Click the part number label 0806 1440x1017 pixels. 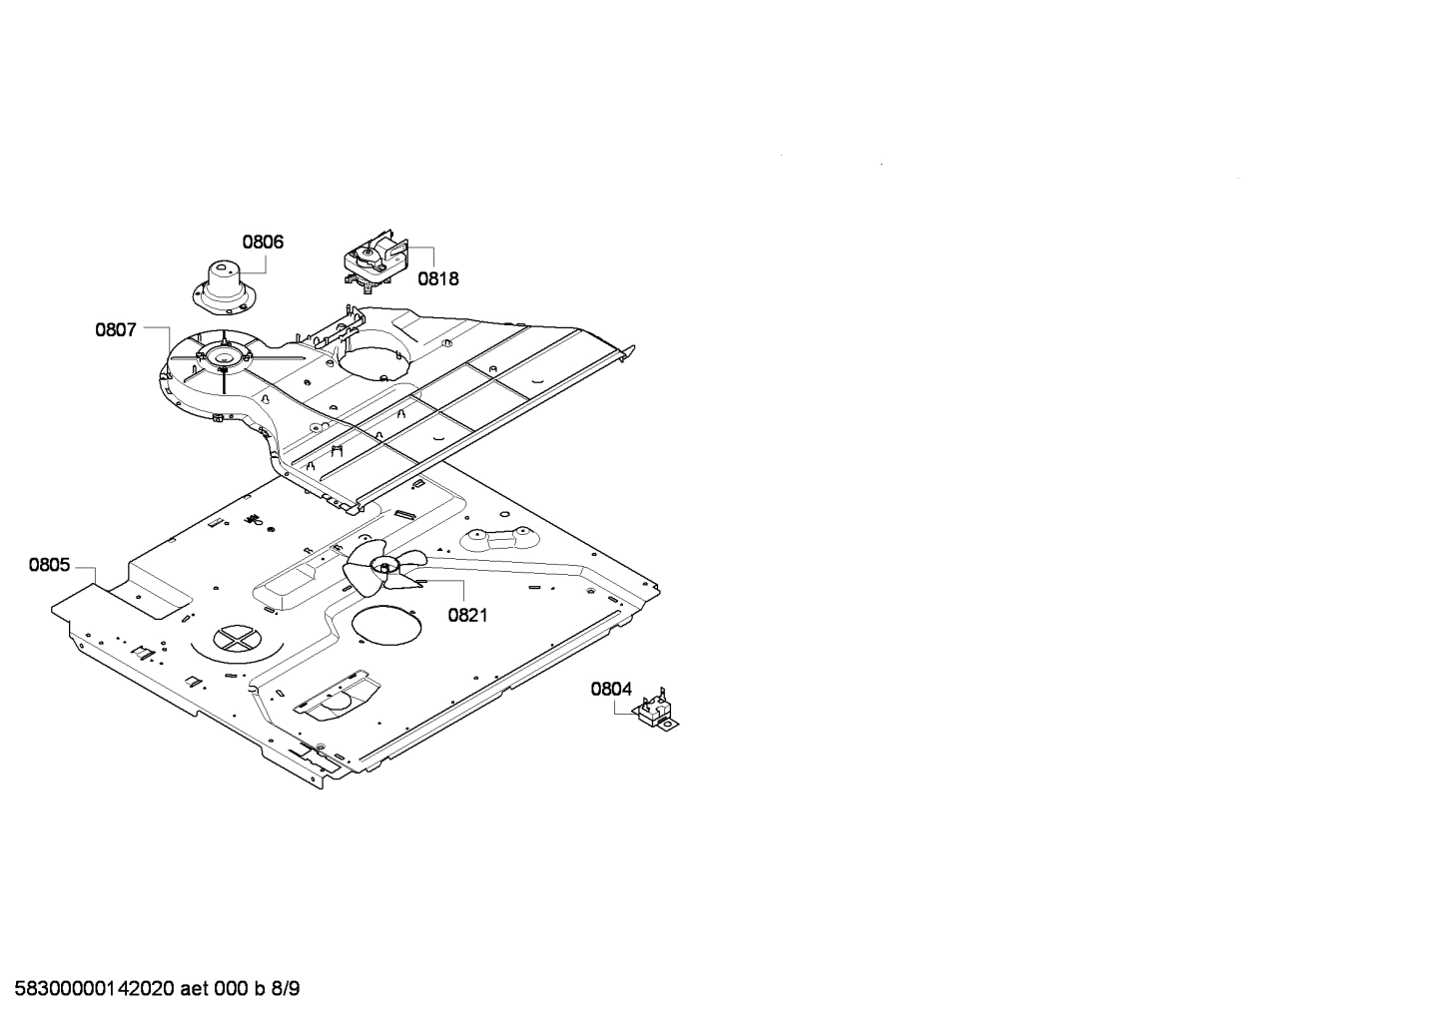tap(263, 242)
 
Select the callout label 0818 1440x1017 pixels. tap(438, 278)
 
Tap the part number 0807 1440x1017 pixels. tap(116, 329)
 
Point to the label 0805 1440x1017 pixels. tap(49, 566)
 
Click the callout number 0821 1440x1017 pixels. tap(467, 615)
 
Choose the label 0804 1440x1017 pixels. tap(611, 689)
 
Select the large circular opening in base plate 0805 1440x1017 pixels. tap(386, 631)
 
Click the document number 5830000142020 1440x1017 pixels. tap(90, 989)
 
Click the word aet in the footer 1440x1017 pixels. tap(197, 989)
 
